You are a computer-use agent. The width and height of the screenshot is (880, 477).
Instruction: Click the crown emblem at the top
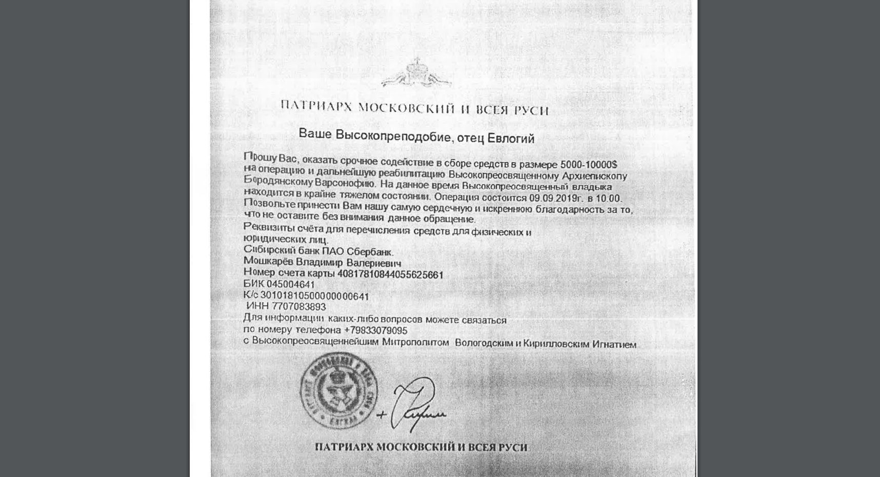tap(416, 73)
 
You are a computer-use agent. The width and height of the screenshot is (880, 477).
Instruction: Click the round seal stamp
tap(339, 391)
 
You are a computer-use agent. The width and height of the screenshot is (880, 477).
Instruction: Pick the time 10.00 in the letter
tap(610, 198)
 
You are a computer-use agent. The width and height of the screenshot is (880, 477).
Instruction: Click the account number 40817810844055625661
tap(390, 275)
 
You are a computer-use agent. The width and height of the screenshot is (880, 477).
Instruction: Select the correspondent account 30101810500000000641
tap(314, 296)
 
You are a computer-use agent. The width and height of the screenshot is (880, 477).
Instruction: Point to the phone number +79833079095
tap(375, 330)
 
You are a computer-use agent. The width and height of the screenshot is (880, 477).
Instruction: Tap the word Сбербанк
tap(370, 252)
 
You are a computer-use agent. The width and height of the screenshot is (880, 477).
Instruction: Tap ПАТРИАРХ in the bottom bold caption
tap(344, 447)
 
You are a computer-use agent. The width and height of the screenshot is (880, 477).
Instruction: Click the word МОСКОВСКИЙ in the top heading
tap(406, 108)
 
